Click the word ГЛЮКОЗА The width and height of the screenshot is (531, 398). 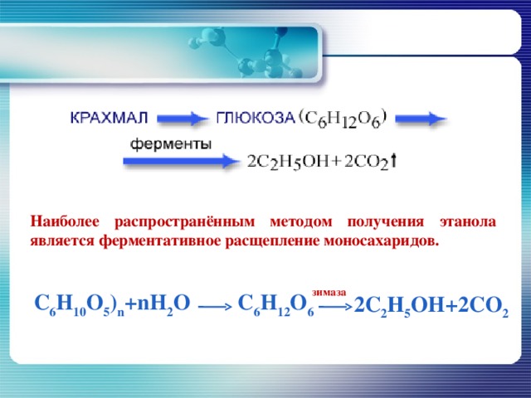tap(255, 118)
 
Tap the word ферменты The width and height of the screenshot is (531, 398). tap(170, 143)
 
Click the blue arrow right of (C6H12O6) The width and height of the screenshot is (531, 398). tap(426, 119)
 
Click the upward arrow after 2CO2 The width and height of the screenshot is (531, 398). tap(393, 161)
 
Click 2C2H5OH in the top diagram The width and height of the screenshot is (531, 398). tap(287, 163)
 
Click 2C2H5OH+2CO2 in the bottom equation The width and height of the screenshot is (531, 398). tap(431, 307)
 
